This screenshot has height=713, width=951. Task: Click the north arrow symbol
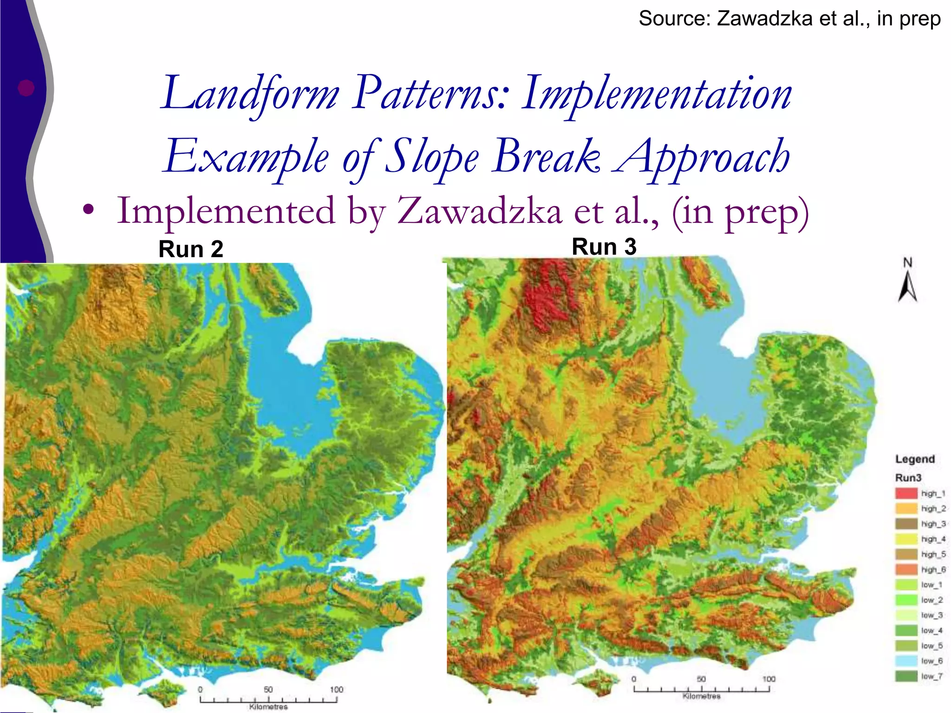tap(907, 285)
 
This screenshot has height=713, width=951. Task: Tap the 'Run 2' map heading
tap(191, 249)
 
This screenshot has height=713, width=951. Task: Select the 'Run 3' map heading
tap(604, 246)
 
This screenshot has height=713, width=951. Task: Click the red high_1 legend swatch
tap(906, 493)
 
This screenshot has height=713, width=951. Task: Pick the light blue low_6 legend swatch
tap(906, 661)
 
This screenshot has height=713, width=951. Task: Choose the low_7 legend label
tap(931, 676)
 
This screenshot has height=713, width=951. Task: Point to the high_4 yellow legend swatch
tap(906, 539)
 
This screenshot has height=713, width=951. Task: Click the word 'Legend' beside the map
tap(915, 459)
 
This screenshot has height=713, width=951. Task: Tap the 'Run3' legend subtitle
tap(908, 478)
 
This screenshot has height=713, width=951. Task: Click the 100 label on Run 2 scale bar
tap(336, 690)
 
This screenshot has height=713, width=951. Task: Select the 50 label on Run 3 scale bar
tap(701, 679)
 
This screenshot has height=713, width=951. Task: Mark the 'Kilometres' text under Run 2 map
tap(268, 707)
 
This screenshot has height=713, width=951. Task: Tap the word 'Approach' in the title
tap(702, 157)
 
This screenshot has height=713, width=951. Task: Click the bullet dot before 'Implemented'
tap(88, 210)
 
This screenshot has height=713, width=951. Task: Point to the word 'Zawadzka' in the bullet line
tap(479, 211)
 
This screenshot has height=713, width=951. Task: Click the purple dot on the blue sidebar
tap(26, 88)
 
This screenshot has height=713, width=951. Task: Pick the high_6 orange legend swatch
tap(906, 569)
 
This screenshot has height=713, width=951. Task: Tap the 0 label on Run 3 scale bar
tap(634, 679)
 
